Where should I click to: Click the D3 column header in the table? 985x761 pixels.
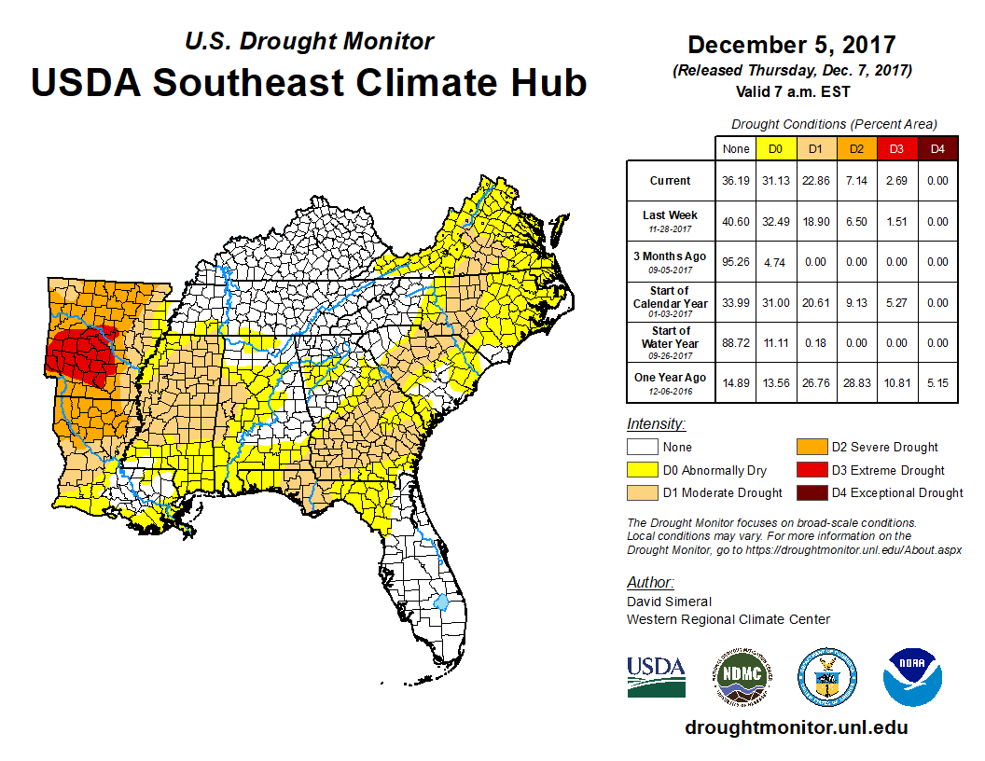point(895,148)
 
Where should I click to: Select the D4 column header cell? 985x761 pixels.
point(937,148)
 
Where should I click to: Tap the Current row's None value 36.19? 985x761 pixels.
point(737,181)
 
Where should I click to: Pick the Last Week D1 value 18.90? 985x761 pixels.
point(815,221)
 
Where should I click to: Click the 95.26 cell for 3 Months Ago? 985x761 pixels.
point(737,262)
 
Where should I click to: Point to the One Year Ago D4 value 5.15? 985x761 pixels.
point(937,382)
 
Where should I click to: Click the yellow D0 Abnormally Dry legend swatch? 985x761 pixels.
point(643,470)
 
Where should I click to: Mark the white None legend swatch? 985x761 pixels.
point(643,448)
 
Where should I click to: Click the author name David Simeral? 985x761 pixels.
point(669,602)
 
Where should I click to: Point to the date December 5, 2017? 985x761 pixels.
point(792,45)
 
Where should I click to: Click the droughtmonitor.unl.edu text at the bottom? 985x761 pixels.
point(796,727)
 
